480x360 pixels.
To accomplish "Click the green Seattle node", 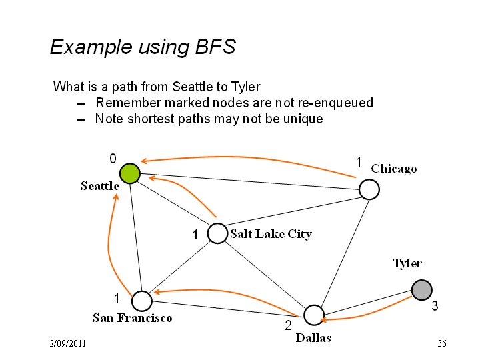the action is (130, 173).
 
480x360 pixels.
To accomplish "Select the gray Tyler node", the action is (422, 290).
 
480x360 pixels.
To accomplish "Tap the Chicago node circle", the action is (369, 189).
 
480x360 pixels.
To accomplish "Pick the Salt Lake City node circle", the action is (217, 233).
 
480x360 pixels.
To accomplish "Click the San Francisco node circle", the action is (142, 301).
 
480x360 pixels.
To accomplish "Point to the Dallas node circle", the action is (314, 315).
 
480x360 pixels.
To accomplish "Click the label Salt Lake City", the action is (271, 234).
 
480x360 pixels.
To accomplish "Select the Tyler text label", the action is (407, 263).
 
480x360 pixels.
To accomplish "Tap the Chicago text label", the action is (394, 169).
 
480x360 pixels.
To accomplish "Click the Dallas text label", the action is (313, 338).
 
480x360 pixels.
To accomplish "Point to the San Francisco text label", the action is (132, 318).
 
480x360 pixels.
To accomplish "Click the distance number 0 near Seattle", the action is (113, 159).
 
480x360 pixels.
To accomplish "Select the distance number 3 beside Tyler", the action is (435, 305).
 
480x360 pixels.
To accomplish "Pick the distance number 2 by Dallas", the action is (289, 325).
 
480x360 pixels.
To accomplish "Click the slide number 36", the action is (442, 343).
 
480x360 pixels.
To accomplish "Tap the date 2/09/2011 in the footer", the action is (67, 343).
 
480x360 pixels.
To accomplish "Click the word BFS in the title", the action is (215, 47).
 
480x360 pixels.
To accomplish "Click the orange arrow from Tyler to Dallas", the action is (366, 315).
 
